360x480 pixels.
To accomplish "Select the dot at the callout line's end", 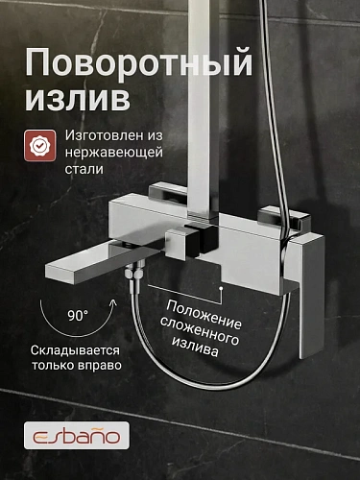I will click(x=221, y=287).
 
